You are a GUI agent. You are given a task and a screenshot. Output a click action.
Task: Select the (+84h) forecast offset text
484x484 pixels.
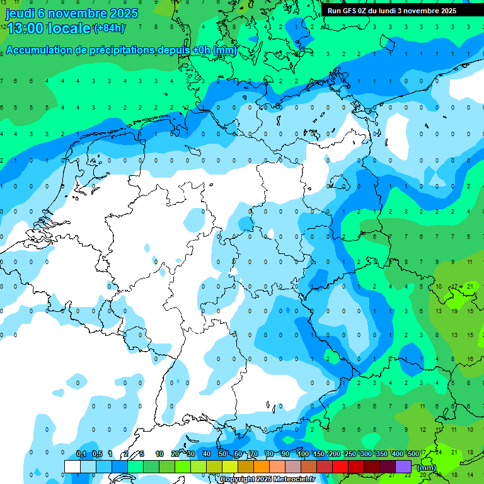(x=109, y=28)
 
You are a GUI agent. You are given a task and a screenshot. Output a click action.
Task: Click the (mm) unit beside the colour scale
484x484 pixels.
(x=427, y=468)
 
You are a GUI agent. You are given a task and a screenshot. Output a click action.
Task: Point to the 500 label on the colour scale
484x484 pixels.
(x=413, y=454)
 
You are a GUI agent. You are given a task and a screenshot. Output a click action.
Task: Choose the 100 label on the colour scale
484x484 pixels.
(x=303, y=454)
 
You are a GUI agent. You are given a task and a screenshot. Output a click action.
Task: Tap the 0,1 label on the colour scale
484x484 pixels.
(x=81, y=454)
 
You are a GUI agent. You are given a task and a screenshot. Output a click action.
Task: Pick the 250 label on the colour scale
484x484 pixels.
(x=350, y=454)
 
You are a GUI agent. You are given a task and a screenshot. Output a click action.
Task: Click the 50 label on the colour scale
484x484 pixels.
(x=222, y=454)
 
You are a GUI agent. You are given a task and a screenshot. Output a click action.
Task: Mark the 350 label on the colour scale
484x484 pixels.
(x=382, y=454)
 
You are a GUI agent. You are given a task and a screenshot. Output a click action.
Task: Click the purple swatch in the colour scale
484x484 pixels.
(x=403, y=466)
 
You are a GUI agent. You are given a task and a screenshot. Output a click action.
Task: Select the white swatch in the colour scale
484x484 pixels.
(x=72, y=466)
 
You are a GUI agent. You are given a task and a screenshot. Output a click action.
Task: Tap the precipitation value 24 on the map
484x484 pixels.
(x=438, y=452)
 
